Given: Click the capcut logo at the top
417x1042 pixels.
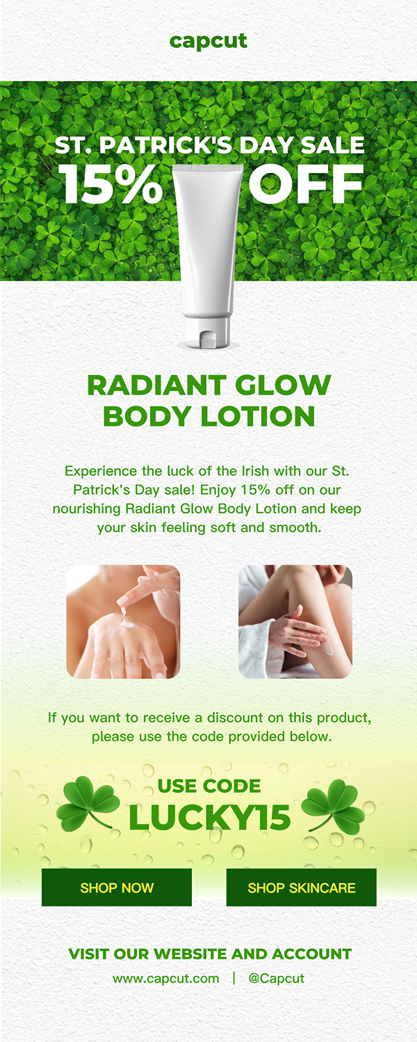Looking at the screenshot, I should click(208, 41).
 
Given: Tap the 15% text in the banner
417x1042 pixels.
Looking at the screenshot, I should click(111, 184).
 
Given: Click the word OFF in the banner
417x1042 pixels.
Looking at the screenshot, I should click(306, 184).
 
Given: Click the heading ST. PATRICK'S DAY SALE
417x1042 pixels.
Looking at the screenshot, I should click(209, 144).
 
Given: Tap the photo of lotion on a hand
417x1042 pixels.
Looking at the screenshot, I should click(123, 622).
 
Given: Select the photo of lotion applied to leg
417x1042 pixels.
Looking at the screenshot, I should click(295, 622).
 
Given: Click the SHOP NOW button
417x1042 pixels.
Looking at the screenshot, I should click(117, 887).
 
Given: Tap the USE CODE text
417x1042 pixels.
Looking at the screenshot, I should click(209, 786).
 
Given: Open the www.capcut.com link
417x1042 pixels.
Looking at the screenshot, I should click(166, 978).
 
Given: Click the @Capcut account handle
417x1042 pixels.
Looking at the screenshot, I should click(277, 978).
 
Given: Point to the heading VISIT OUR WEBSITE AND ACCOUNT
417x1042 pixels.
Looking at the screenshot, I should click(210, 954).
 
